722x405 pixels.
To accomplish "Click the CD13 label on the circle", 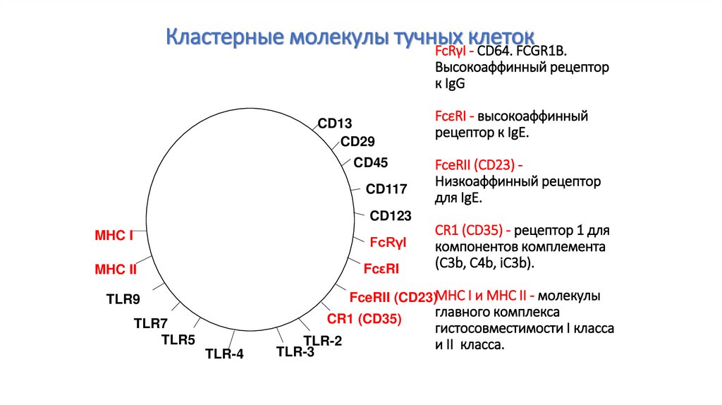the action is coord(335,123).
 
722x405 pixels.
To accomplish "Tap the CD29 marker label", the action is coord(357,141).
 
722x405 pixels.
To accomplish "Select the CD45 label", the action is coord(371,163).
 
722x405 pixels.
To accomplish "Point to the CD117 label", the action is coord(386,189).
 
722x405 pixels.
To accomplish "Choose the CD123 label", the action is coord(391,216).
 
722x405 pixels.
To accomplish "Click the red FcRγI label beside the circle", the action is coord(388,242).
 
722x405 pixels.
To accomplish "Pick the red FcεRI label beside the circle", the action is coord(381,269).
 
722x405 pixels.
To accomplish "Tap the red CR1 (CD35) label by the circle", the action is coord(365,319).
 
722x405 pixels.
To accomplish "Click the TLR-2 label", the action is coord(323,341).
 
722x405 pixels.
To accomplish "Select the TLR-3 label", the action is coord(295,351).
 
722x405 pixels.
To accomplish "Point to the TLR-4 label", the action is coord(224,354).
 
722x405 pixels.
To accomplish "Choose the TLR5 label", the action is coord(178,339).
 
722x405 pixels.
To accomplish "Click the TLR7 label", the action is coord(151,323).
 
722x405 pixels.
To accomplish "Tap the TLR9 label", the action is coord(123,299).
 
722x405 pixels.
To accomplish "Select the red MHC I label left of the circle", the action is coord(114,236).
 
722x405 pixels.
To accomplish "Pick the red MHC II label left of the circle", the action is coord(116,270).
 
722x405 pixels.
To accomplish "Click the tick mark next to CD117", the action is coord(355,189).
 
